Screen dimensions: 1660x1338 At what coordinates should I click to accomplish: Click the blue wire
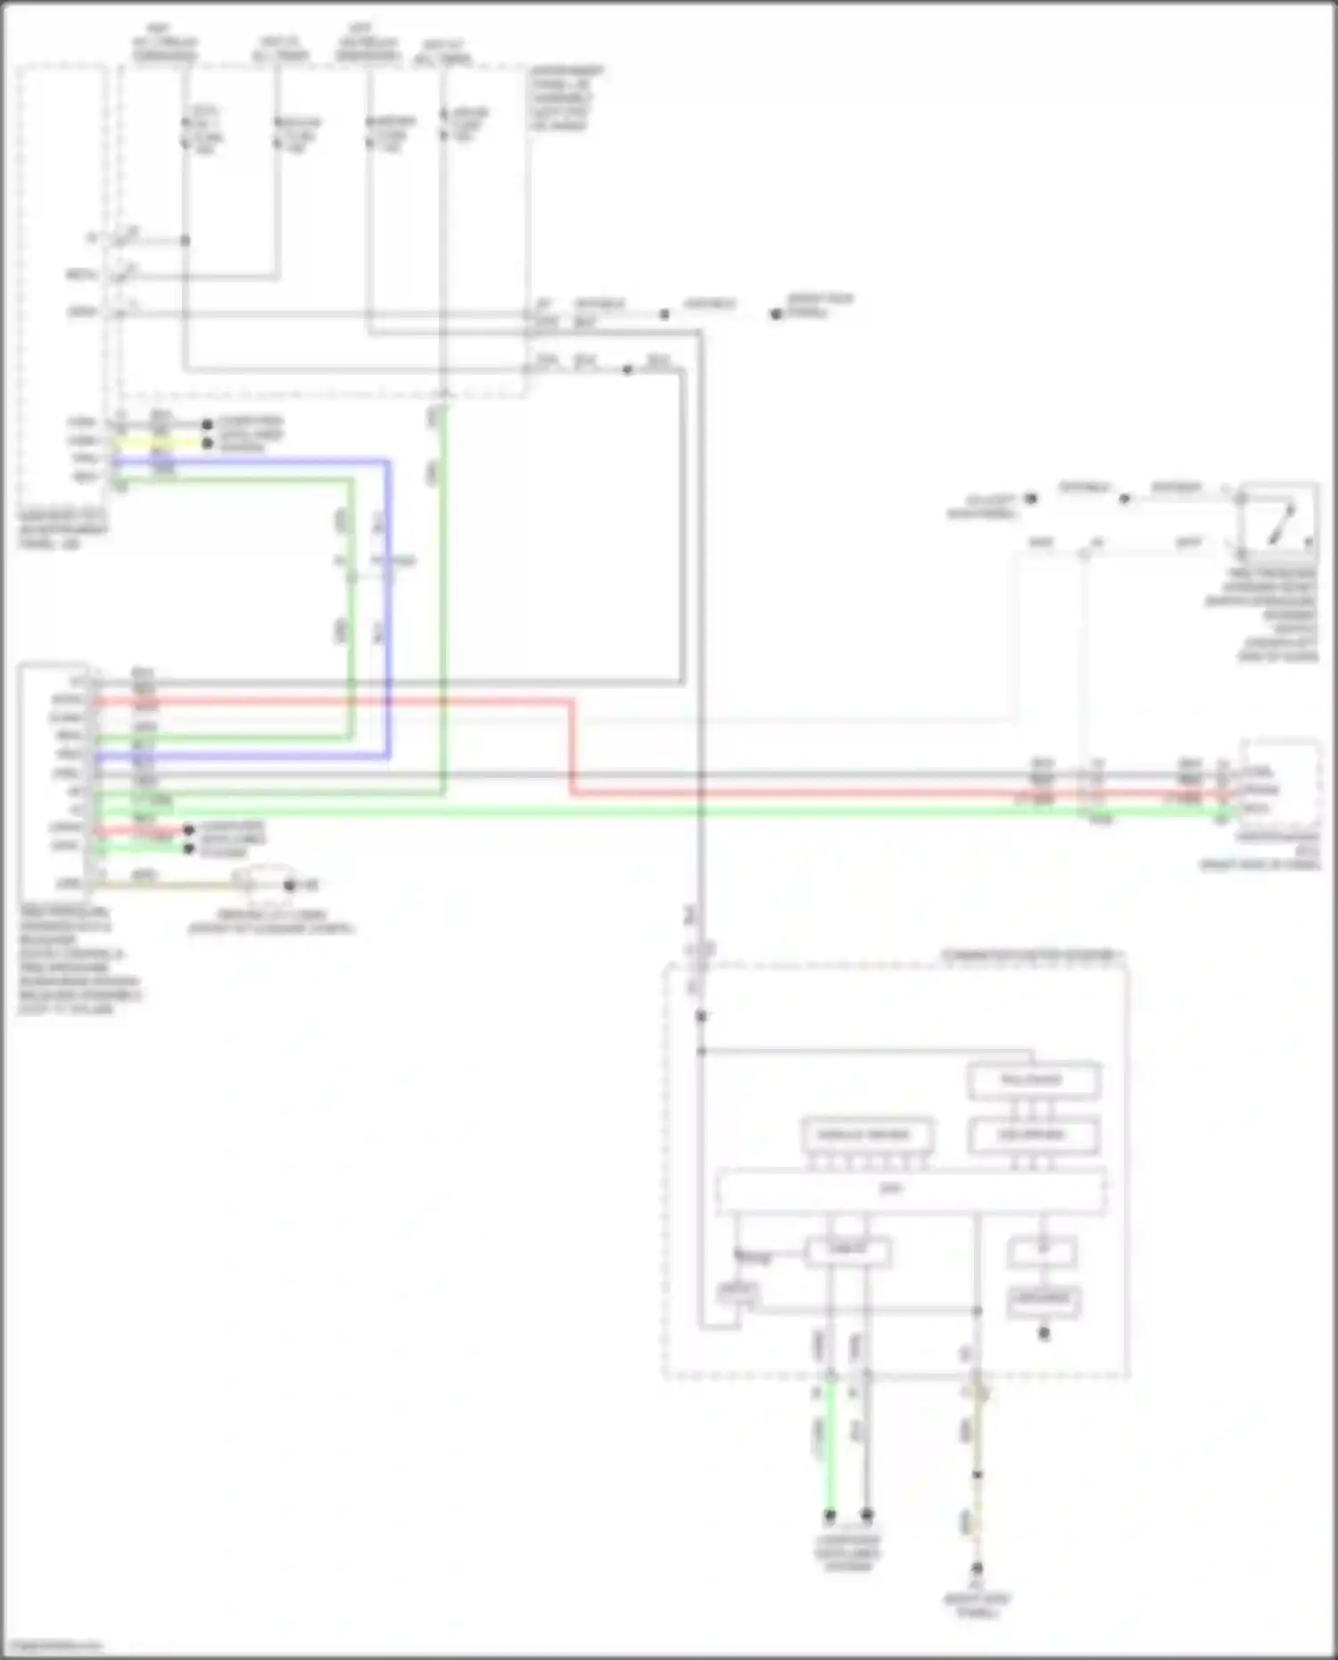(x=388, y=624)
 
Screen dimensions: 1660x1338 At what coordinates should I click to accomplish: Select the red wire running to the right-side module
(x=803, y=793)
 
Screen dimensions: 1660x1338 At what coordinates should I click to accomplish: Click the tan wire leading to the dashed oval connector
(x=169, y=885)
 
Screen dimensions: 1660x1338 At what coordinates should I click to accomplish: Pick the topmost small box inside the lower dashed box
(x=1033, y=1080)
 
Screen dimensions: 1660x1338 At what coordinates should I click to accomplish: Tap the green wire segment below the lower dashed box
(x=830, y=1445)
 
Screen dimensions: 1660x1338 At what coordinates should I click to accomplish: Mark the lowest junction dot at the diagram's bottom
(x=977, y=1567)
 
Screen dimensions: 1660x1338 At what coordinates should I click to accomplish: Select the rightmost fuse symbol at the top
(x=443, y=125)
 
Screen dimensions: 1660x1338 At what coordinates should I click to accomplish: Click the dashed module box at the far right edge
(x=1281, y=783)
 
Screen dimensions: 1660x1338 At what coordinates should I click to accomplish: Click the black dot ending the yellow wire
(x=208, y=443)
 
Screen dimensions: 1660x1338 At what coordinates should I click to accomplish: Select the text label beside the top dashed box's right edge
(x=566, y=97)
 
